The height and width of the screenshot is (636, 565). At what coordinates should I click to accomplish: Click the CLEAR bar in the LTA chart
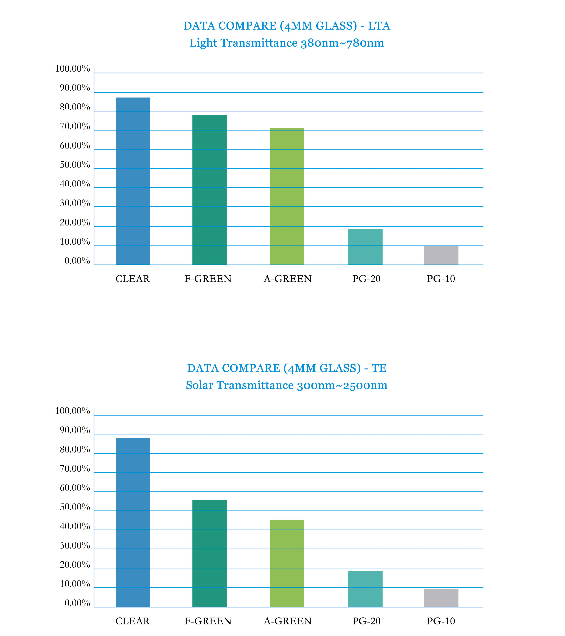(x=133, y=181)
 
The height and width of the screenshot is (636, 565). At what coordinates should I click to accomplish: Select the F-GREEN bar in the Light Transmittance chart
(x=210, y=190)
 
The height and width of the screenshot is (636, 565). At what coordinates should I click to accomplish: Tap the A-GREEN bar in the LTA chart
(x=287, y=196)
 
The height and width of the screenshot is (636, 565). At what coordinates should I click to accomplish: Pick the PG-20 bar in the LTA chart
(x=365, y=247)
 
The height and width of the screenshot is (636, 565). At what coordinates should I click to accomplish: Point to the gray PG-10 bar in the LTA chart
(x=441, y=255)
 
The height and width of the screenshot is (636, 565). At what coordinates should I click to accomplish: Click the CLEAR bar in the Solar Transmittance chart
(x=133, y=522)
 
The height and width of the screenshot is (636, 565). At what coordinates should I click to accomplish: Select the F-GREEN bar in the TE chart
(x=210, y=553)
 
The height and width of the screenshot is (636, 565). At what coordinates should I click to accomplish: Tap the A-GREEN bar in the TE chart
(x=287, y=563)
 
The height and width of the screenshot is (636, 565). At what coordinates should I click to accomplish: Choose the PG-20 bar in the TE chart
(x=365, y=589)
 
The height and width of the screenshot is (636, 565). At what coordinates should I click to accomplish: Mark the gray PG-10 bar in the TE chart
(x=441, y=598)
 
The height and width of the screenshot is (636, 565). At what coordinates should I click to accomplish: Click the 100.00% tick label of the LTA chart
(x=72, y=68)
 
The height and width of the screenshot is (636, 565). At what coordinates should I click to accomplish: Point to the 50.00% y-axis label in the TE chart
(x=75, y=507)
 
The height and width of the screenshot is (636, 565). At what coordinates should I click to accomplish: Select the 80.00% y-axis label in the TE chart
(x=75, y=450)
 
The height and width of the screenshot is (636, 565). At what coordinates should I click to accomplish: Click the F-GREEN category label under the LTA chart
(x=208, y=279)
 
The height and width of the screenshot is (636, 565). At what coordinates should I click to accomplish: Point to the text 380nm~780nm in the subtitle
(x=342, y=43)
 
